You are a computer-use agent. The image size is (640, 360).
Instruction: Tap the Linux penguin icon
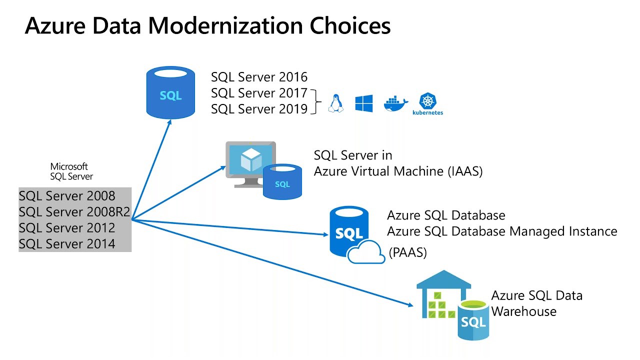coord(335,103)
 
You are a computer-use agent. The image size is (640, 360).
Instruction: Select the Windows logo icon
coord(364,103)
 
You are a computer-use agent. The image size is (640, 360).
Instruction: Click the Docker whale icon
coord(395,103)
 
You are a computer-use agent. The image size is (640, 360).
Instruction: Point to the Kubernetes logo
coord(427,103)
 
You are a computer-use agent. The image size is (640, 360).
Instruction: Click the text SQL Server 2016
coord(259,77)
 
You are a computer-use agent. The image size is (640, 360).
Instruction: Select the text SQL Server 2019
coord(259,109)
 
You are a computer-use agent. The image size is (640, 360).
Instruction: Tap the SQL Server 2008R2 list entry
coord(74,212)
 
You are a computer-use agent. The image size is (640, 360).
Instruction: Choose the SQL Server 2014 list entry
coord(67,244)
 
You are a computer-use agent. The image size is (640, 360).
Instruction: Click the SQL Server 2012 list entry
coord(67,228)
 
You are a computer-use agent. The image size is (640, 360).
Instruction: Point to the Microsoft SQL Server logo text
coord(71,171)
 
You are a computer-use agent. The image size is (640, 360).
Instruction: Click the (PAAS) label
coord(407,253)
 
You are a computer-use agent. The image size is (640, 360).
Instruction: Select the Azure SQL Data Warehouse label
coord(536,303)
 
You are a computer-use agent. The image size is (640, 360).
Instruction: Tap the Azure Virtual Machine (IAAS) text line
coord(398,171)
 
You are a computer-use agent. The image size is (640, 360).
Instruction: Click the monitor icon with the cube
coord(250,161)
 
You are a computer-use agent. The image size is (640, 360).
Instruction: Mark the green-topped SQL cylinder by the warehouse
coord(473,320)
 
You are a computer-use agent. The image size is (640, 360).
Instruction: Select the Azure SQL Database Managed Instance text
coord(502,231)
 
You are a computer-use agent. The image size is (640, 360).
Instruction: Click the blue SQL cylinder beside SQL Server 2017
coord(170,92)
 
